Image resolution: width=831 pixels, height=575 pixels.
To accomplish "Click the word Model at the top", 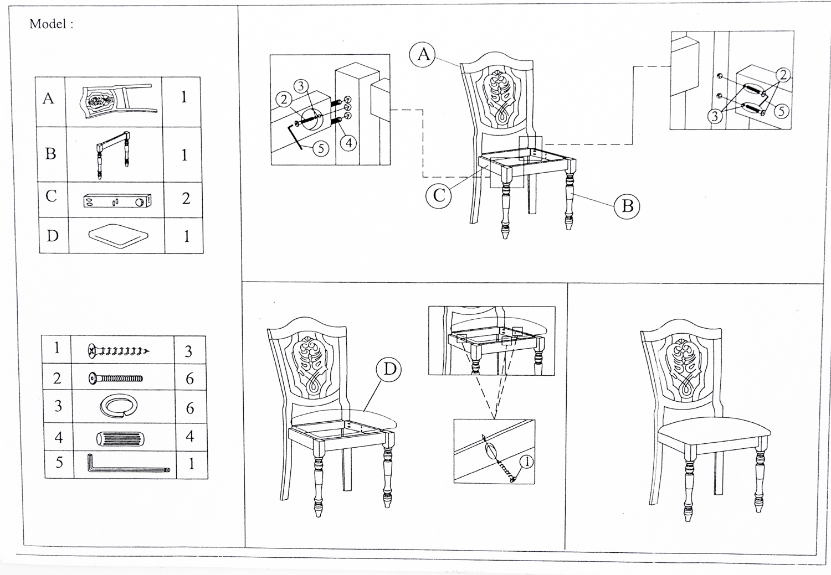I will [x=48, y=24].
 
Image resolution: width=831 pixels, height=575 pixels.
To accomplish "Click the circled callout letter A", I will [x=424, y=54].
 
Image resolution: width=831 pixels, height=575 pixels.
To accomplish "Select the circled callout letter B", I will [x=627, y=206].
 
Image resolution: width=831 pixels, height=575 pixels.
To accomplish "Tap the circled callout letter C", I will [x=439, y=195].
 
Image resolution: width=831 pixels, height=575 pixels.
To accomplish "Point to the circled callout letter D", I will [x=390, y=369].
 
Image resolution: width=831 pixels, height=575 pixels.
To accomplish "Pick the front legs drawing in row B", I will [x=114, y=154].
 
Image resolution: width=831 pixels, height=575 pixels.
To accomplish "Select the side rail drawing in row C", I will [x=117, y=201].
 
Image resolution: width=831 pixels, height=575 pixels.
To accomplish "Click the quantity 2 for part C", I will [x=186, y=198].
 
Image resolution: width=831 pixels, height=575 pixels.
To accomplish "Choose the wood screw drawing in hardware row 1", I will [x=118, y=351].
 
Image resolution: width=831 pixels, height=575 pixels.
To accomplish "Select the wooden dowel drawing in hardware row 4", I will [x=120, y=439].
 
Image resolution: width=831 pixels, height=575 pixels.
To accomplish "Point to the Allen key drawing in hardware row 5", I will [x=127, y=464].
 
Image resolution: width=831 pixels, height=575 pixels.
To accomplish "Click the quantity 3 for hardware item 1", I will [x=188, y=351].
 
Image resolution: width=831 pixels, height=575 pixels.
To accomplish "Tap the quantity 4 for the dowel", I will [x=189, y=436].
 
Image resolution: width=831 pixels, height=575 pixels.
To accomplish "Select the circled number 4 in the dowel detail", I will [x=348, y=143].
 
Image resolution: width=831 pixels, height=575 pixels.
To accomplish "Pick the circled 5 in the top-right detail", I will [x=781, y=111].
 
